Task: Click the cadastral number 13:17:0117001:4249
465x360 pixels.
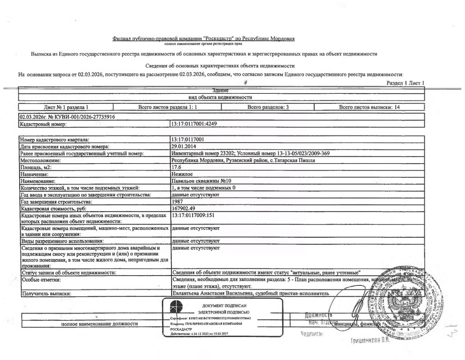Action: click(x=194, y=124)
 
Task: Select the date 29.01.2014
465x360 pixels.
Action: click(x=183, y=146)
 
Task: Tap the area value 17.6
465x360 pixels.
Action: click(x=176, y=167)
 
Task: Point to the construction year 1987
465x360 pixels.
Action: click(x=177, y=201)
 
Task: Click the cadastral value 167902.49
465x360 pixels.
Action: click(x=183, y=208)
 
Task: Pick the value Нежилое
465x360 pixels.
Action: click(x=182, y=174)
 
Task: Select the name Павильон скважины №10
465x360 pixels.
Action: click(x=201, y=181)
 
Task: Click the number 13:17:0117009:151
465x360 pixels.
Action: click(x=193, y=215)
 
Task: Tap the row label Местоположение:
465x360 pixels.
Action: click(x=40, y=160)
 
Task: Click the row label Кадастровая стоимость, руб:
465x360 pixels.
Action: click(x=53, y=209)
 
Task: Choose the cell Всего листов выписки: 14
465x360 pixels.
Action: click(x=369, y=107)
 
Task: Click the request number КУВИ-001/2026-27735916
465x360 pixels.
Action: click(x=81, y=117)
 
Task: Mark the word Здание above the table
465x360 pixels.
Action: click(x=221, y=90)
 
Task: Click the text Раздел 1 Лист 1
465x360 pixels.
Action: click(x=405, y=83)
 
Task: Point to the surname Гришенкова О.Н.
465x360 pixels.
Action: click(x=370, y=340)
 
